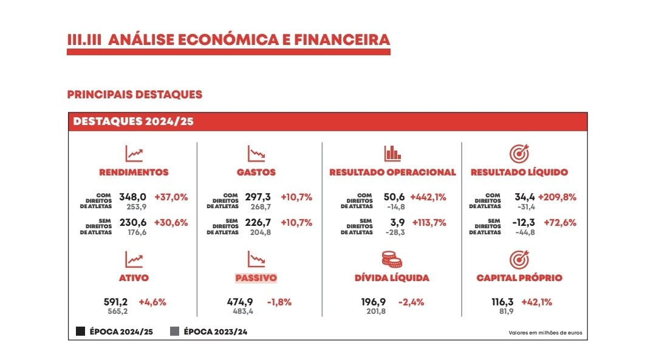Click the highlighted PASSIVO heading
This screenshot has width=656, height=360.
[x=256, y=278]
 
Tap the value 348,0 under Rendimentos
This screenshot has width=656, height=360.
[x=134, y=197]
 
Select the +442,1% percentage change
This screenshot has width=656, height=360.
[x=428, y=197]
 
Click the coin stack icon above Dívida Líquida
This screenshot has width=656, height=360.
[x=392, y=259]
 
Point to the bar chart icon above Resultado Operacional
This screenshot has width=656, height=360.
[x=392, y=152]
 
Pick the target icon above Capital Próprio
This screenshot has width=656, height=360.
[x=519, y=259]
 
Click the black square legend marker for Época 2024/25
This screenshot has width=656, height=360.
[x=80, y=331]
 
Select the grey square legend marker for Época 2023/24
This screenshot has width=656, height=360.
[x=174, y=331]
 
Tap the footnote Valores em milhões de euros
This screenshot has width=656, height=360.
[x=545, y=333]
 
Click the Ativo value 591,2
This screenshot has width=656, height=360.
[x=117, y=302]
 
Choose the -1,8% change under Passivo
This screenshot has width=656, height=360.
[x=279, y=302]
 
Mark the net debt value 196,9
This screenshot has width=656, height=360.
[x=374, y=302]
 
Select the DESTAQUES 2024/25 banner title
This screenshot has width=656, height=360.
[x=133, y=121]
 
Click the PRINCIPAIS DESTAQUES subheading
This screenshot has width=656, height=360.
[x=134, y=95]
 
